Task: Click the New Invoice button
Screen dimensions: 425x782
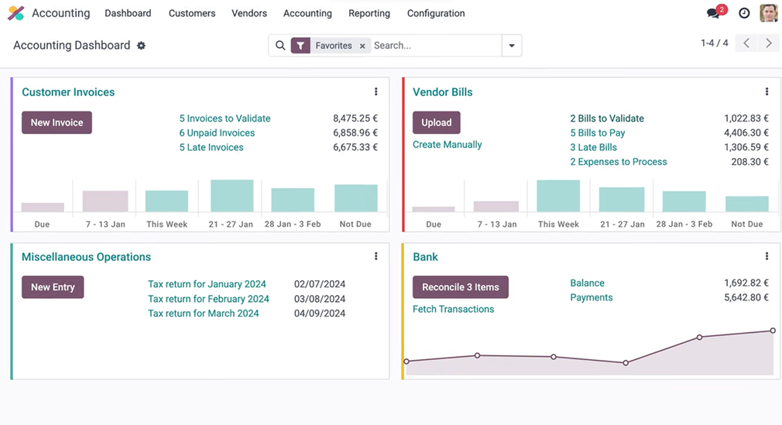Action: point(57,122)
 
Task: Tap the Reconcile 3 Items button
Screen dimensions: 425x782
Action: point(460,287)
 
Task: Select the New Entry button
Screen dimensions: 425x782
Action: point(53,287)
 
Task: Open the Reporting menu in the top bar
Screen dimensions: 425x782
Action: point(369,13)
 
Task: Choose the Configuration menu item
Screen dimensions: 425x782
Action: point(436,13)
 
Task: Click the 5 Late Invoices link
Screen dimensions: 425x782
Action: point(211,147)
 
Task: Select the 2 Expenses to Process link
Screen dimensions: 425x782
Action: point(618,162)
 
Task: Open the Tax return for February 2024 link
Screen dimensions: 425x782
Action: point(208,299)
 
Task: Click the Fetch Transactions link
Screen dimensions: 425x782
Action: point(453,309)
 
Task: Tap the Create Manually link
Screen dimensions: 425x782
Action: point(447,145)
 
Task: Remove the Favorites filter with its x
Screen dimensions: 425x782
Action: point(362,46)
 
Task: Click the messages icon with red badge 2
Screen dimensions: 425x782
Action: point(714,13)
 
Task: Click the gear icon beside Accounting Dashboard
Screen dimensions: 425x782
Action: point(141,46)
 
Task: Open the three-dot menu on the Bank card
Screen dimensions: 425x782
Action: point(767,256)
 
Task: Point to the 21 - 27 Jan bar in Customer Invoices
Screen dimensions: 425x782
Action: point(232,196)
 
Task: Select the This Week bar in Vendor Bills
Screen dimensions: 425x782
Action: point(557,196)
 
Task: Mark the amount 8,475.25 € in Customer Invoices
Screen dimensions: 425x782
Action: point(355,118)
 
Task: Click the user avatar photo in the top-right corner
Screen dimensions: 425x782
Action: point(768,13)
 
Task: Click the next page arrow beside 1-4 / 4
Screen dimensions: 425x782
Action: point(768,43)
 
